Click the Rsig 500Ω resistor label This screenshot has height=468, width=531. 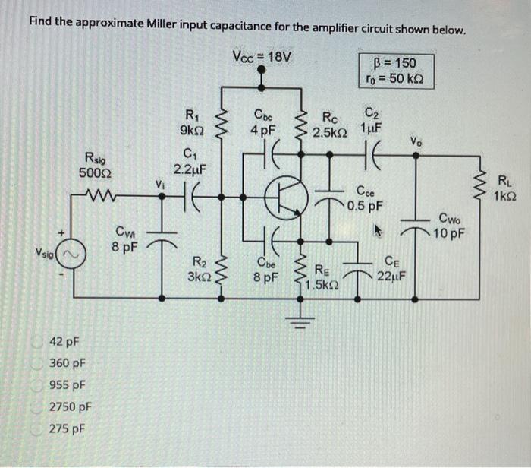click(x=96, y=165)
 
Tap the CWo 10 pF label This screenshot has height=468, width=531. click(x=457, y=225)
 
